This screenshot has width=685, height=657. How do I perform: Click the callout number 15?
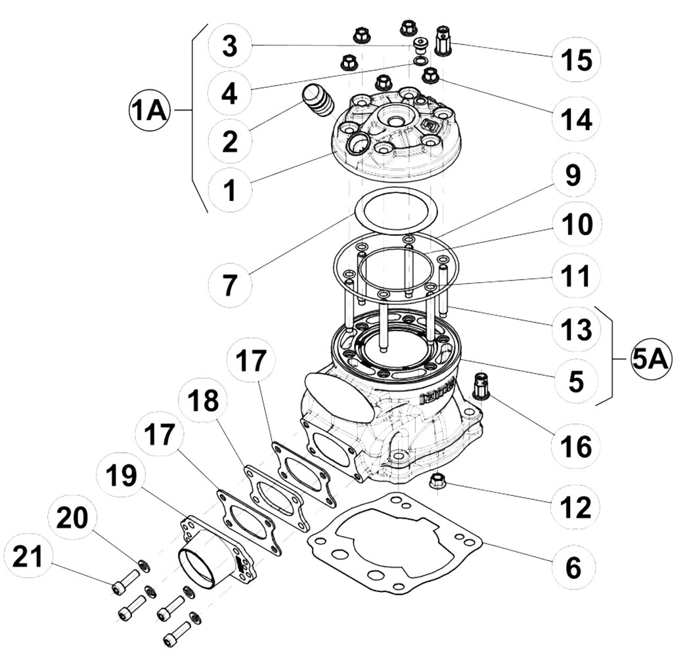click(577, 60)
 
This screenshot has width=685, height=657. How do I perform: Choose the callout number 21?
click(28, 557)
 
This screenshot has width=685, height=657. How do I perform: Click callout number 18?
click(204, 401)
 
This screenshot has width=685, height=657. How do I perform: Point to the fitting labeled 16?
click(481, 386)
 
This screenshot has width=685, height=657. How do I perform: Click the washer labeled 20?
click(143, 566)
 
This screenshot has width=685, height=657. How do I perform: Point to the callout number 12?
click(577, 507)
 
